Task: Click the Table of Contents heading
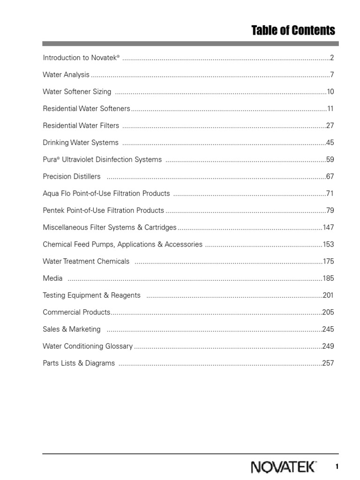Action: coord(293,31)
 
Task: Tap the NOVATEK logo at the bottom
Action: coord(284,467)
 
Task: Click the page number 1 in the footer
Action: coord(337,466)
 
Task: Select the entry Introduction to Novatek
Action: coord(81,58)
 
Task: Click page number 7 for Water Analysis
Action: coord(331,75)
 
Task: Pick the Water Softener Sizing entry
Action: coord(77,91)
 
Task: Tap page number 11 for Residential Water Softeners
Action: coord(330,109)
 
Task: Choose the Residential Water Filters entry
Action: coord(81,126)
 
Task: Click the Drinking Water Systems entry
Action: coord(81,142)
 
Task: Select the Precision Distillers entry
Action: coord(72,176)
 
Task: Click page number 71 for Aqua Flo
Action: coord(330,193)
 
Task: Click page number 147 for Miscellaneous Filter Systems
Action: coord(328,227)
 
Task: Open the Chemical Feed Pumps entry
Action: coord(122,244)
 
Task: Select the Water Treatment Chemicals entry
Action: coord(86,261)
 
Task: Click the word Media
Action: coord(52,278)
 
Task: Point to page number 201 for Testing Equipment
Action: coord(328,295)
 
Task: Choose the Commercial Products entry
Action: coord(76,312)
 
